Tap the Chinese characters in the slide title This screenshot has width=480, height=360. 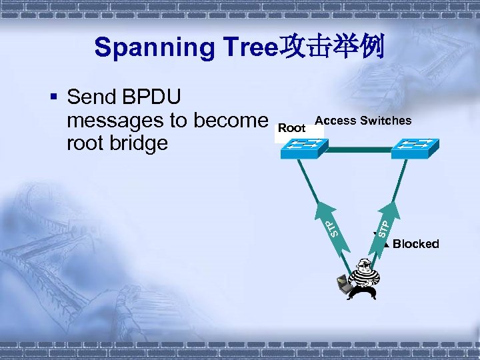(x=334, y=47)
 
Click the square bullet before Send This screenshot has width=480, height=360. (x=55, y=98)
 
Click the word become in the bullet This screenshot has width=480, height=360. (x=228, y=121)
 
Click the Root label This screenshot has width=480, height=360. (x=291, y=127)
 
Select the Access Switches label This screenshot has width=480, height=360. (x=363, y=120)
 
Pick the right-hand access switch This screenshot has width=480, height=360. (x=414, y=148)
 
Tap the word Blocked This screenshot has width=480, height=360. (x=416, y=244)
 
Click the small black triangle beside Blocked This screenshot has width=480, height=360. (x=386, y=243)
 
